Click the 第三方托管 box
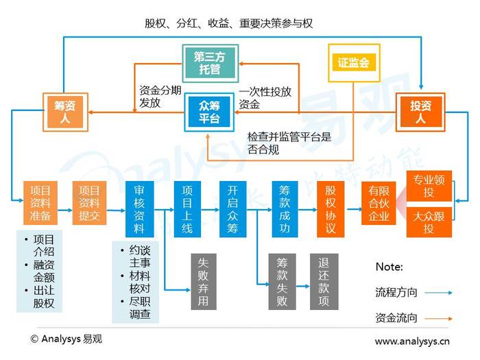[211, 63]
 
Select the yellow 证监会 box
[354, 63]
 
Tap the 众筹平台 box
[209, 112]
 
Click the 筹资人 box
[65, 112]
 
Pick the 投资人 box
[420, 112]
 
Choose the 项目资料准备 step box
[40, 203]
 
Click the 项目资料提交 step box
[89, 203]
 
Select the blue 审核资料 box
[140, 209]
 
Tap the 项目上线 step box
[187, 209]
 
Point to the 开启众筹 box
[232, 209]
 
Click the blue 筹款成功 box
[285, 209]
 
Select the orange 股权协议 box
[331, 209]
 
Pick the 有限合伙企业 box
[379, 203]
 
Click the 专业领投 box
[429, 186]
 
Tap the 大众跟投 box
[429, 222]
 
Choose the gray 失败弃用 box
[204, 282]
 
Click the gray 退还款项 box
[324, 282]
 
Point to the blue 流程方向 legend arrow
[438, 293]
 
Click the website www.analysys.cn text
[412, 341]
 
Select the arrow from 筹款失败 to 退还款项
[303, 287]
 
